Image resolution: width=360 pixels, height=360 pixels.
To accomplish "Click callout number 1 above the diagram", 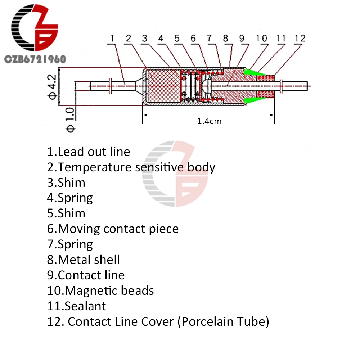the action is (112, 38).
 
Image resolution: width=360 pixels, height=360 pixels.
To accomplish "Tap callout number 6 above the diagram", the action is (193, 39).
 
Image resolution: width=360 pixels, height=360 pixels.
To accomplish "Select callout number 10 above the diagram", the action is (261, 39).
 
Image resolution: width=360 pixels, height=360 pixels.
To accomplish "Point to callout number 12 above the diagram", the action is (300, 39).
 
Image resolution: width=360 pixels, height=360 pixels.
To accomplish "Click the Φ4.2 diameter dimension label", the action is (52, 87).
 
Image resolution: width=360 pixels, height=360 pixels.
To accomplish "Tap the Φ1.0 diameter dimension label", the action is (70, 120).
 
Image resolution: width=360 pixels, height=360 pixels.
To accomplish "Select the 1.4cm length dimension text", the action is (209, 121).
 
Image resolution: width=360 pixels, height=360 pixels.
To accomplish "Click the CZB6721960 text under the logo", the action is (35, 59).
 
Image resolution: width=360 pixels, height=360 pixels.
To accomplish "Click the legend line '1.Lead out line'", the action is (89, 152).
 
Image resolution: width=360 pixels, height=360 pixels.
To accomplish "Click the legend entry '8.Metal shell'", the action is (84, 260).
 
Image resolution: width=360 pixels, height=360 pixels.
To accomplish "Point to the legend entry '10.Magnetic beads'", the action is (100, 291).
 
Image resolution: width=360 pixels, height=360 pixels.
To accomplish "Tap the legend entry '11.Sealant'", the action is (76, 306).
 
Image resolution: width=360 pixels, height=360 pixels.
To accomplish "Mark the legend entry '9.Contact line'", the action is (86, 275).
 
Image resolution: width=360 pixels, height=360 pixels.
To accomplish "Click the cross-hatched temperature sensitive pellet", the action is (163, 86).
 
